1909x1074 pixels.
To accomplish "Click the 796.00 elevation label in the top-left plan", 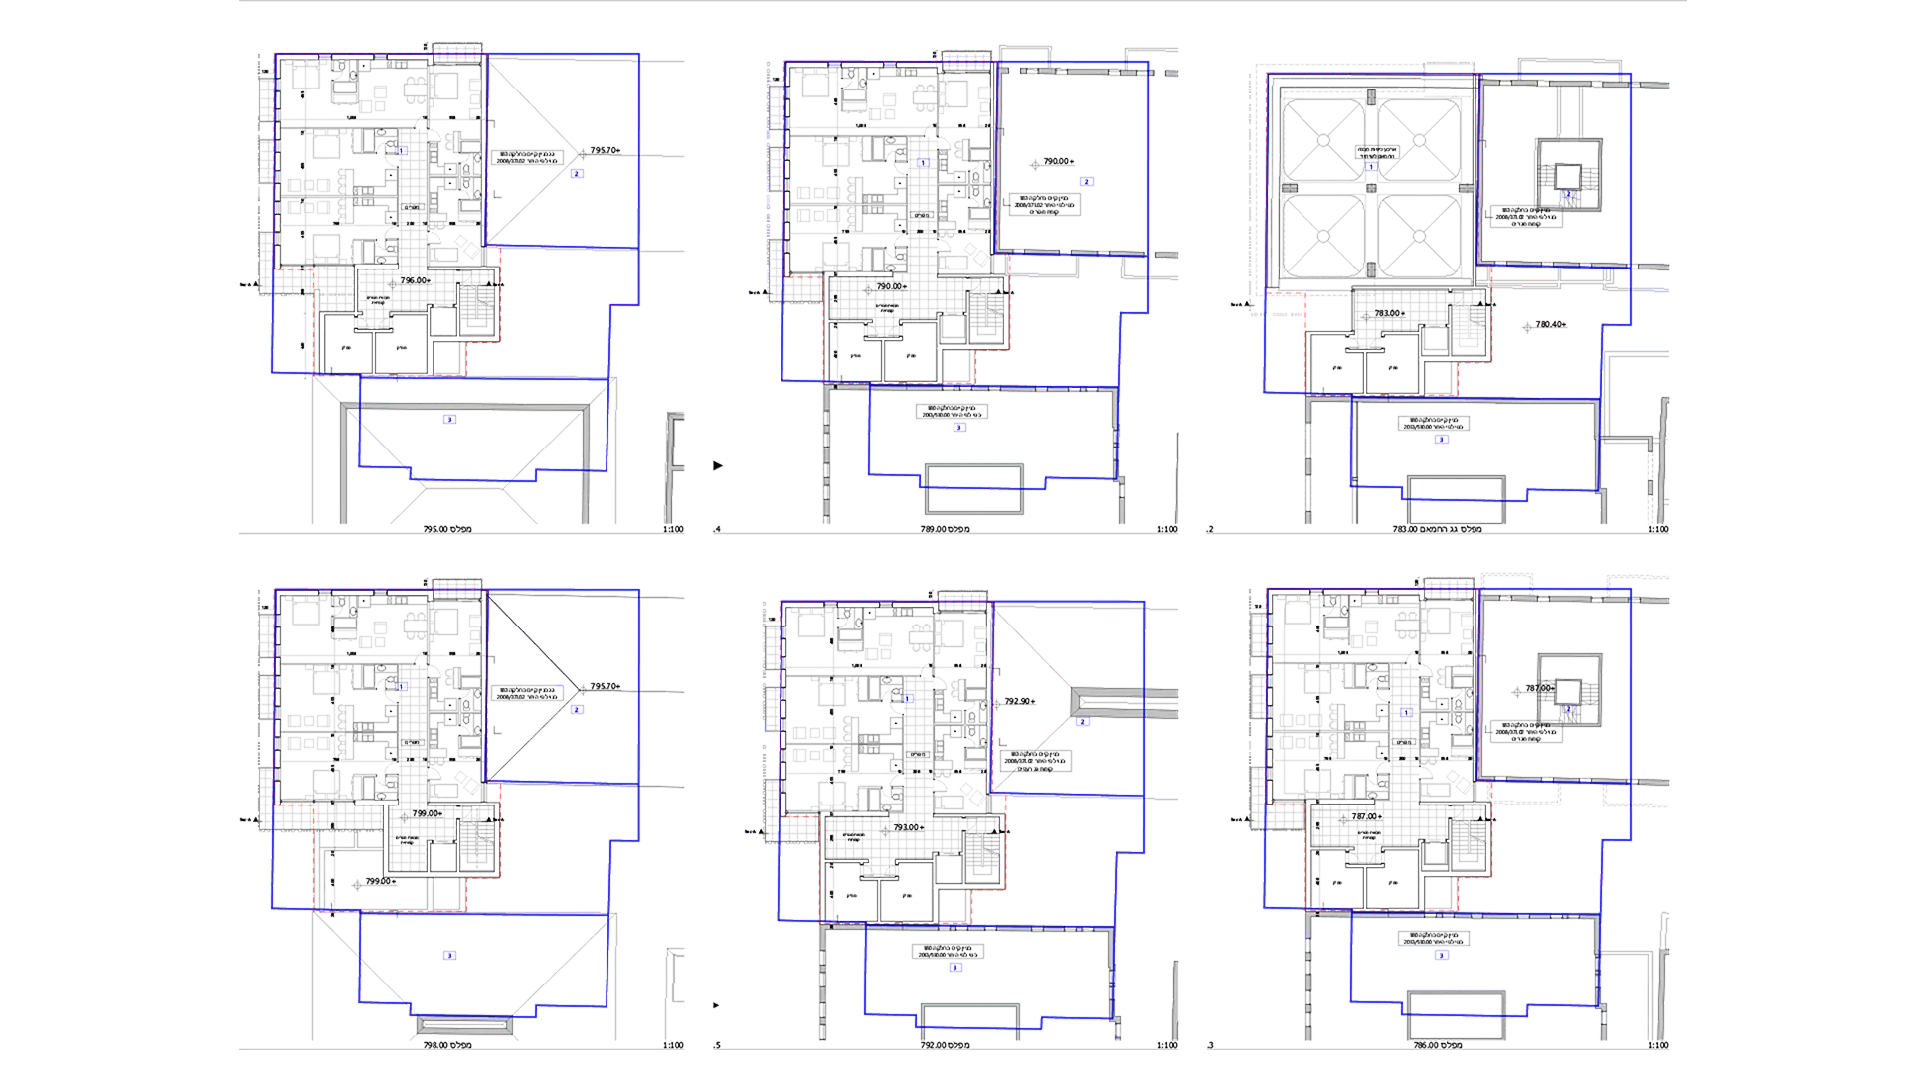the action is pos(414,280).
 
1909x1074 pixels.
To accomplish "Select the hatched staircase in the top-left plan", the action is pos(477,308).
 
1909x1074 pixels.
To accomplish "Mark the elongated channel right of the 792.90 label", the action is pos(1109,702).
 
